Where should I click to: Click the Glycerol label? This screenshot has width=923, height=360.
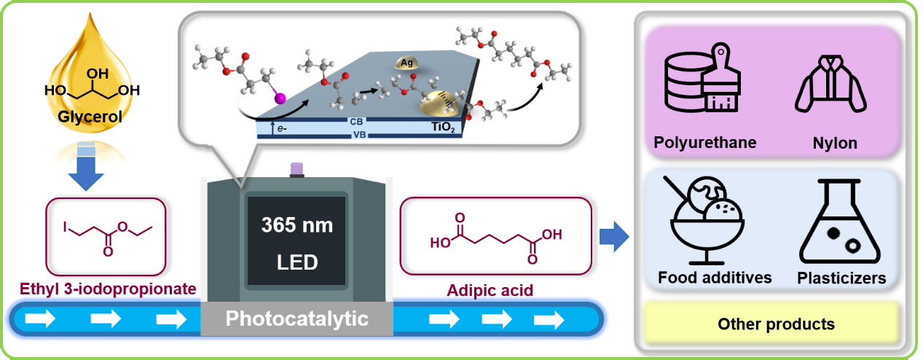86,120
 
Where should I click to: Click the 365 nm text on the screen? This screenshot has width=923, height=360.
296,225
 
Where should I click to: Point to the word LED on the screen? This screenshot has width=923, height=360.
296,262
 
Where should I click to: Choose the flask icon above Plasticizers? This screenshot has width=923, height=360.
839,222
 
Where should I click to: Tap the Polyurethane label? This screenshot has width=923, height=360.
704,142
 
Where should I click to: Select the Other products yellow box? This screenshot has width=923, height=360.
775,324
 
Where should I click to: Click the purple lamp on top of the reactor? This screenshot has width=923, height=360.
296,169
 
